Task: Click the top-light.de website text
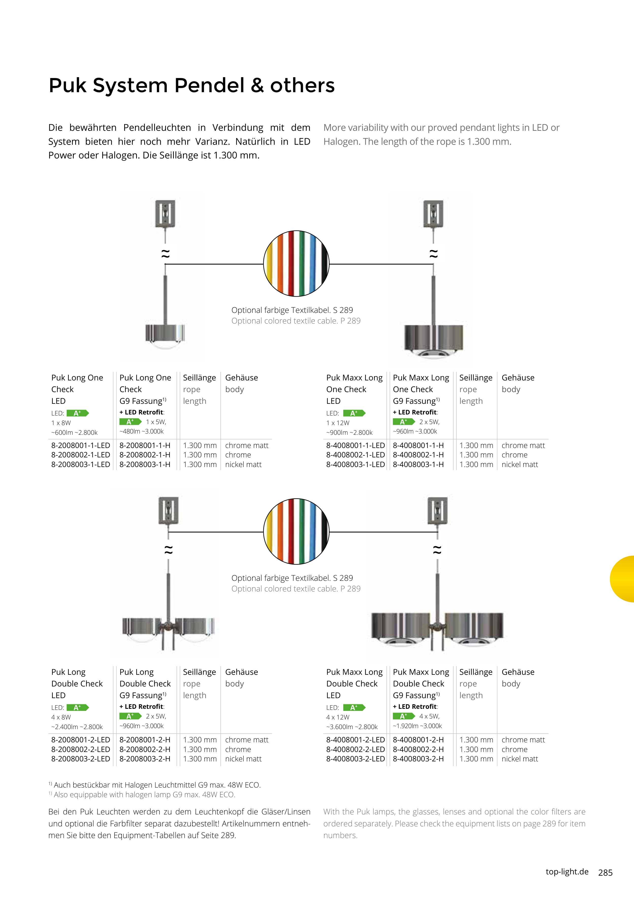pyautogui.click(x=567, y=872)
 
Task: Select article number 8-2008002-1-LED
pyautogui.click(x=80, y=455)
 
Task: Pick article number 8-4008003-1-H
pyautogui.click(x=418, y=464)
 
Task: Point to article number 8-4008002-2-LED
pyautogui.click(x=355, y=749)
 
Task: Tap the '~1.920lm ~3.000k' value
pyautogui.click(x=417, y=726)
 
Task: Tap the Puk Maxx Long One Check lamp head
pyautogui.click(x=434, y=340)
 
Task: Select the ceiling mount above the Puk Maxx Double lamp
pyautogui.click(x=437, y=510)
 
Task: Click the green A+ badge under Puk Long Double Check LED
pyautogui.click(x=78, y=708)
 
